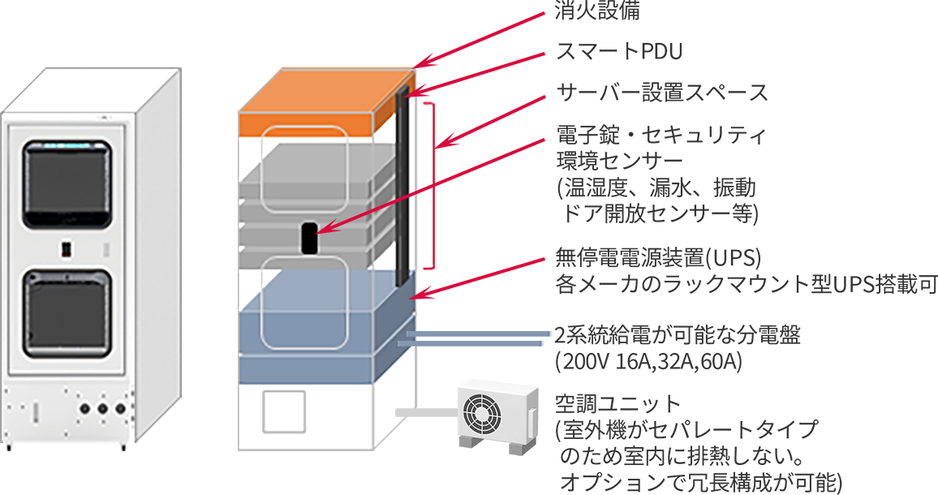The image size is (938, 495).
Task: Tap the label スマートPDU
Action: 618,53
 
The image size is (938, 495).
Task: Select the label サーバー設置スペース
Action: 661,93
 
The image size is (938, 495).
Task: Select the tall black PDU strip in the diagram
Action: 402,187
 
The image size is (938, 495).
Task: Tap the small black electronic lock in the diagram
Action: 309,237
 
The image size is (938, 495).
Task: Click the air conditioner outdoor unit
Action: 497,414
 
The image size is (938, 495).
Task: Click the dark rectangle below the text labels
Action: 699,444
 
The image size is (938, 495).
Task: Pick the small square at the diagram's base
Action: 282,413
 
